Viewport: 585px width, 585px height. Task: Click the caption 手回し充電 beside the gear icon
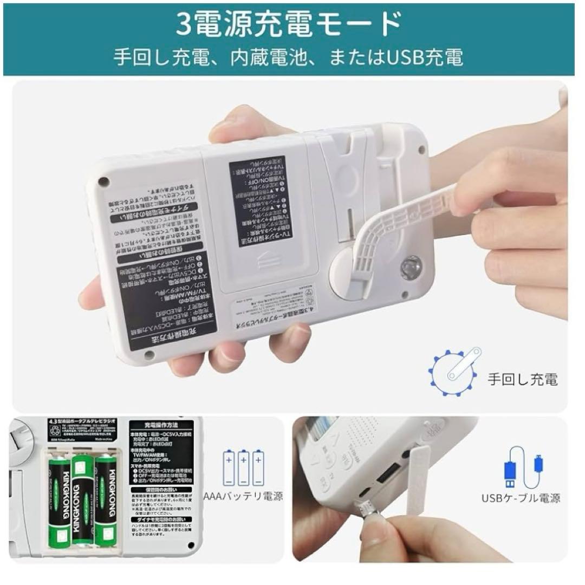pyautogui.click(x=522, y=379)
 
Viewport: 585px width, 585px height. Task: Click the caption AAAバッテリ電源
pyautogui.click(x=243, y=497)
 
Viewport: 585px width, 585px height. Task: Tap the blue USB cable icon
pyautogui.click(x=521, y=468)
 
